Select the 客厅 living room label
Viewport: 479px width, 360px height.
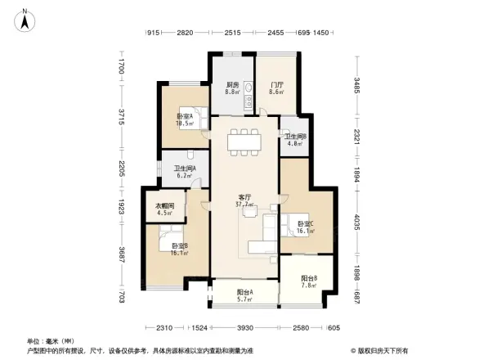244,200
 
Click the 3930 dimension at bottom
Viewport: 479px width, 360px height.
244,328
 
